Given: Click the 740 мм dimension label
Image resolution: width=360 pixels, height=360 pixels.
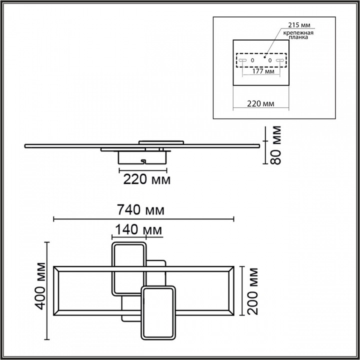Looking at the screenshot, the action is point(140,209).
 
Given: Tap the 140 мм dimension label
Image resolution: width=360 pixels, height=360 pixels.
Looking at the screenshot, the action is point(138,229).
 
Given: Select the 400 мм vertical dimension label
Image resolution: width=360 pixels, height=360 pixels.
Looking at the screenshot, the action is point(41,286).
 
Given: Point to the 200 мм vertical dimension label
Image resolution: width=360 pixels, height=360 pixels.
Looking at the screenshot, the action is point(253,291).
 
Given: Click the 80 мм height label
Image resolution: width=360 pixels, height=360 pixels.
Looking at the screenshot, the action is point(275,145).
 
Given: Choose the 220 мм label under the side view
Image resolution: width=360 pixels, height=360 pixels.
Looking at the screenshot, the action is point(147,179).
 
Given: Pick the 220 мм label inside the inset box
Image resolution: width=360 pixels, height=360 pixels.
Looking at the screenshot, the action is point(260,104).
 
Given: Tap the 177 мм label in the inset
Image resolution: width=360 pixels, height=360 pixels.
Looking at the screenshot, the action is point(263,71).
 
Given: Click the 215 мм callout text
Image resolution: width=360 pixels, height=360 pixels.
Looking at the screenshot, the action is point(299,25).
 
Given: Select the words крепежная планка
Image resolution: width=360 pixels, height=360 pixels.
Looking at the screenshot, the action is point(298,35).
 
